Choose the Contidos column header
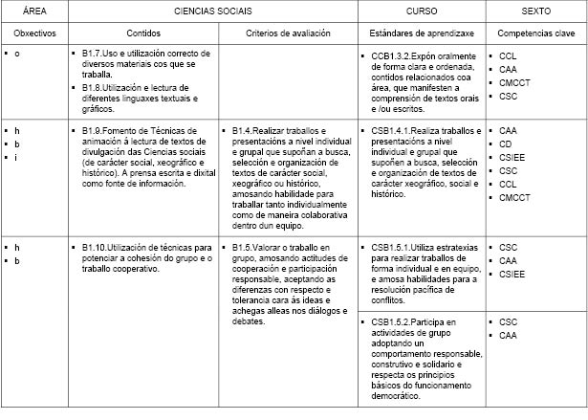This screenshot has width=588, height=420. point(142,33)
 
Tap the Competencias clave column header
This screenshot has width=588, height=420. point(534,33)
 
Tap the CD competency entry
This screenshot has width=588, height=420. point(505,144)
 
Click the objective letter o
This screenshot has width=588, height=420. point(17,54)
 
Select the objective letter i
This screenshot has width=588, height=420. point(17,158)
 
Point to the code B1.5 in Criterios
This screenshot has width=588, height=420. point(244,247)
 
